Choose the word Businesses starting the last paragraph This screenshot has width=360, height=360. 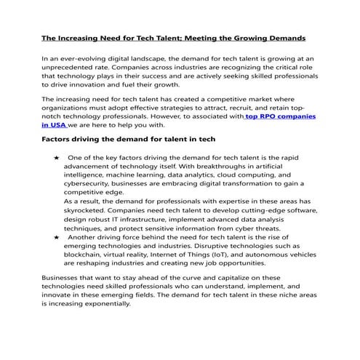(63, 278)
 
